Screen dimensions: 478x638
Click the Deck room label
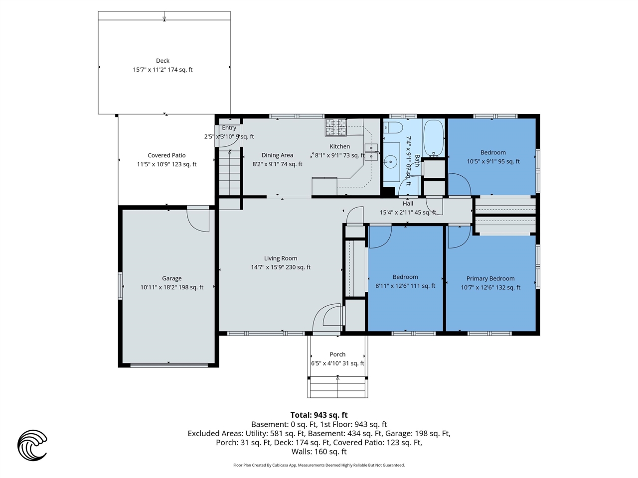point(162,61)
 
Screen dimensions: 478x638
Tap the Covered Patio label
point(166,155)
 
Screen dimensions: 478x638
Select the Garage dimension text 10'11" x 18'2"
point(171,287)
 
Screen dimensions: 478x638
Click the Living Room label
point(281,258)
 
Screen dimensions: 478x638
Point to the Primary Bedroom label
point(490,279)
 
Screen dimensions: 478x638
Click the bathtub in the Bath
point(433,138)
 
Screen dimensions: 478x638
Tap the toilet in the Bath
point(394,127)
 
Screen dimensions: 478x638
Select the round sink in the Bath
point(391,161)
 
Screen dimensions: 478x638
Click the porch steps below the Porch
point(338,387)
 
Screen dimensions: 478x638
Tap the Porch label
point(337,355)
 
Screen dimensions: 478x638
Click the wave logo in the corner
point(32,445)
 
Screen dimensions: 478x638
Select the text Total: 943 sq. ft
point(319,415)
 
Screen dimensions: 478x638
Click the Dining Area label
point(277,155)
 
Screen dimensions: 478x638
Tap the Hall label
point(408,204)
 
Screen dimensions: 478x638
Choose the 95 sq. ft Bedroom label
point(493,153)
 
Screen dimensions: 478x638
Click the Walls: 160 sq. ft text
point(319,452)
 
